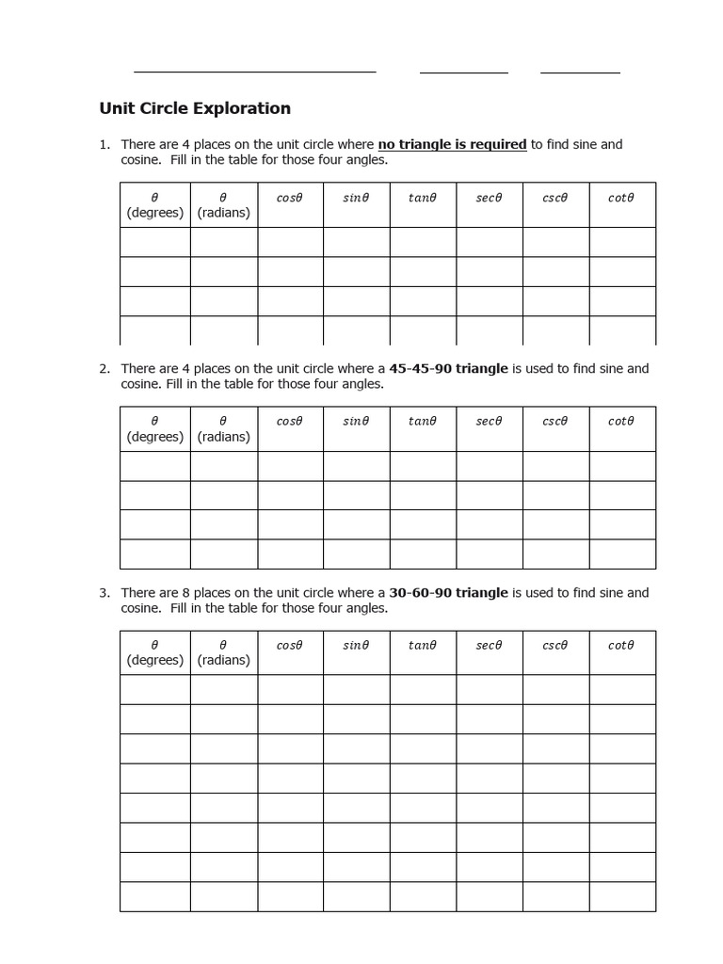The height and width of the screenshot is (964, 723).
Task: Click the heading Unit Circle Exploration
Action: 195,108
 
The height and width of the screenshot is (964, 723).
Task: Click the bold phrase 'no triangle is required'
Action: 452,144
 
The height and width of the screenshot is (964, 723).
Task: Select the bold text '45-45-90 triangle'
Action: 448,368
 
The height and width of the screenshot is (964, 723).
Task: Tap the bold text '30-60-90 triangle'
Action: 448,592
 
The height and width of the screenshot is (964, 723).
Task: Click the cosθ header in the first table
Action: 289,198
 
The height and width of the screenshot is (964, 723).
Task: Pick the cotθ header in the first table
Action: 621,198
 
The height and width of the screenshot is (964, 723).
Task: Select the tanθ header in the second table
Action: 422,422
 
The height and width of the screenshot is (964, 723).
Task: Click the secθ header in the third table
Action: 489,646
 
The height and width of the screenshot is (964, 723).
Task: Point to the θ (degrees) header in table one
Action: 155,204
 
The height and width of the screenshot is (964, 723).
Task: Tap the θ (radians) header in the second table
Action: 224,428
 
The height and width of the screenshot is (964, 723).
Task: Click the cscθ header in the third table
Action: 555,646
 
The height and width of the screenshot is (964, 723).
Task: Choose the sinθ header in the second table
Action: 356,422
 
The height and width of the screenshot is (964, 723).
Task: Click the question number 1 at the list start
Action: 104,144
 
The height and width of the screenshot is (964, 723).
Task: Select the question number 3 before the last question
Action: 104,592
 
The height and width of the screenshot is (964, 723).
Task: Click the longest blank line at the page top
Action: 254,71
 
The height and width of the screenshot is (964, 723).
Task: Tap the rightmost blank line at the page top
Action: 580,72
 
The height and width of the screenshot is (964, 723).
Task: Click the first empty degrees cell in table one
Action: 155,242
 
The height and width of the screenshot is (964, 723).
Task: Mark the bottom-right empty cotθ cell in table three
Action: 621,896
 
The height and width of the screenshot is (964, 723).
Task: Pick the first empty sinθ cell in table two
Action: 356,466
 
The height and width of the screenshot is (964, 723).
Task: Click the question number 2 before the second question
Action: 104,368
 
